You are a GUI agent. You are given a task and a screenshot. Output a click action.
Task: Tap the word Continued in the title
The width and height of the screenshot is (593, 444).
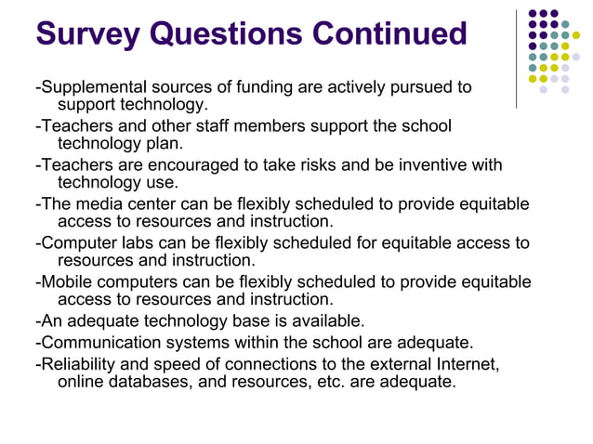pyautogui.click(x=389, y=34)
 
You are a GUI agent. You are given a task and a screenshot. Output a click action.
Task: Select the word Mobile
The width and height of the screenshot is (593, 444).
pyautogui.click(x=68, y=282)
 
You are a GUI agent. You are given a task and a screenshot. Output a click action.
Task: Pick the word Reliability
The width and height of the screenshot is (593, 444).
pyautogui.click(x=80, y=362)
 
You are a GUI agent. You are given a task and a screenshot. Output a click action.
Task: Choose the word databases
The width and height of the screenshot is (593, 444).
pyautogui.click(x=149, y=381)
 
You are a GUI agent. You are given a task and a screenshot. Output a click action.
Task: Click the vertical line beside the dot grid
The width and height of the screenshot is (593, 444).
pyautogui.click(x=517, y=58)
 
